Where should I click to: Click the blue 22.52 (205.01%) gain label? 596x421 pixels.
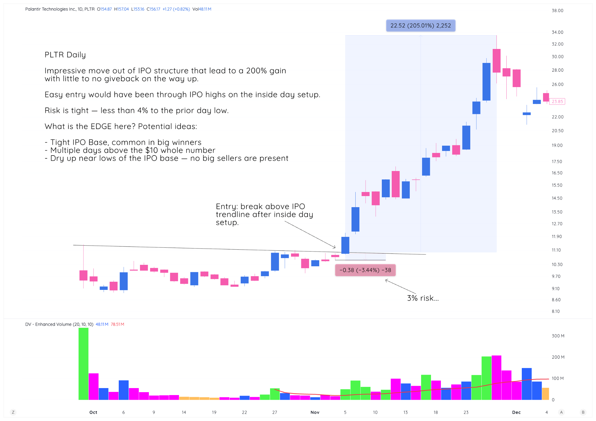[x=421, y=26]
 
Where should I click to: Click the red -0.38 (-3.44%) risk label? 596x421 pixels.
[x=365, y=270]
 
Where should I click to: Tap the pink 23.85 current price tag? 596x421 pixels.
[x=557, y=101]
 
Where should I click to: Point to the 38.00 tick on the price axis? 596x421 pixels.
[x=557, y=10]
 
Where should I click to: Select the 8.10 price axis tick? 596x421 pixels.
[x=556, y=311]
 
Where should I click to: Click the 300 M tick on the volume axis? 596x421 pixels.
[x=558, y=336]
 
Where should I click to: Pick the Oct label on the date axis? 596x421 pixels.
[x=93, y=412]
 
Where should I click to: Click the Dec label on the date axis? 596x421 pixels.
[x=516, y=412]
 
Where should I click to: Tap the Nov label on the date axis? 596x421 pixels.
[x=315, y=412]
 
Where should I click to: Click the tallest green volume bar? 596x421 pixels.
[x=84, y=364]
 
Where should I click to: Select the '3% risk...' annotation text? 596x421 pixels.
[x=423, y=298]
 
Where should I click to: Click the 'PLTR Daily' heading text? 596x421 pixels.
[x=65, y=55]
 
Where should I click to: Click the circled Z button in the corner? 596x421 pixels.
[x=13, y=412]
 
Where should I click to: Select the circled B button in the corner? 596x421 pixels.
[x=583, y=412]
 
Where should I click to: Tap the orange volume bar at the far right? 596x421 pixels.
[x=545, y=394]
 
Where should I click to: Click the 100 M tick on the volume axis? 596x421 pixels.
[x=558, y=378]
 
